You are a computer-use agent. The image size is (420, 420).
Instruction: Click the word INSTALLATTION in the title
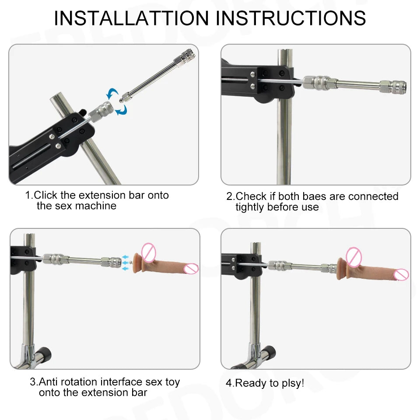click(131, 18)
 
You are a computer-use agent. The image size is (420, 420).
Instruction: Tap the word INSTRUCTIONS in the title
click(291, 18)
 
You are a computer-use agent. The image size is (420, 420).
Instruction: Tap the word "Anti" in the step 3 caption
click(49, 382)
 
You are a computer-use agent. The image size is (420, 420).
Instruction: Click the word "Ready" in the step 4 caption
click(250, 383)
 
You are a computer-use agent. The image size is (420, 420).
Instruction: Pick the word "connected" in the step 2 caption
click(373, 196)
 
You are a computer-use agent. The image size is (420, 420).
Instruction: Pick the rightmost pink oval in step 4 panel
click(401, 275)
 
